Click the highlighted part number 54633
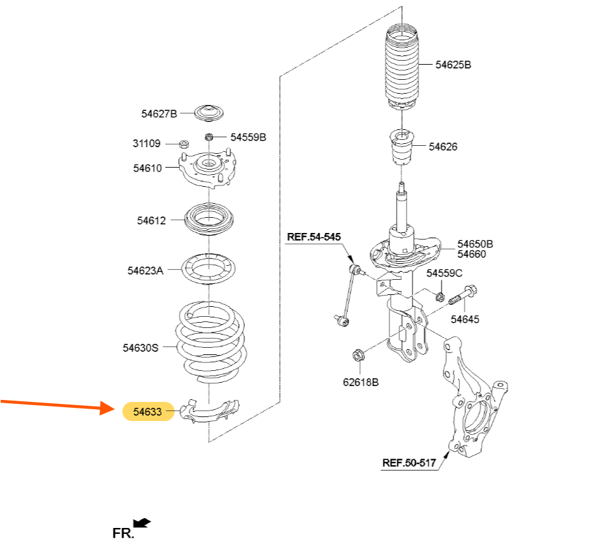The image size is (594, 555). click(x=147, y=411)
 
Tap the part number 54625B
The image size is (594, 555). click(x=453, y=65)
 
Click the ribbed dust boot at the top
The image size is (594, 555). click(x=402, y=67)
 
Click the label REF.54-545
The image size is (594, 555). click(x=313, y=237)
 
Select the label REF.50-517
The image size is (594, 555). click(x=409, y=463)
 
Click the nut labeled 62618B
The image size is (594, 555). click(x=358, y=355)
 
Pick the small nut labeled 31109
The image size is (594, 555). click(x=183, y=144)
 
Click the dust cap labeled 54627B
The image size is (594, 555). click(x=209, y=114)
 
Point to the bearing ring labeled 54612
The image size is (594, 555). click(x=209, y=219)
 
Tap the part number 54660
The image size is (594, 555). click(x=471, y=254)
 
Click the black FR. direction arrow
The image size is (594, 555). click(x=143, y=523)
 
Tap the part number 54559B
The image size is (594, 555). click(x=248, y=137)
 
